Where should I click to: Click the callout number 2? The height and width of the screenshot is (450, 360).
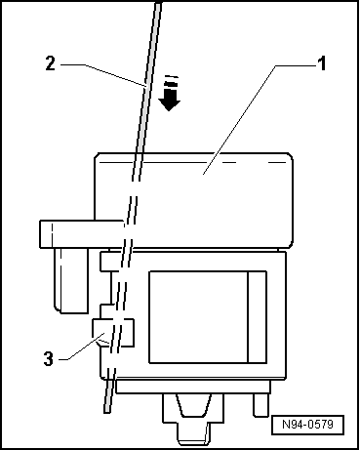(49, 65)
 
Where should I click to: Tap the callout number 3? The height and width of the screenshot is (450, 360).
(49, 357)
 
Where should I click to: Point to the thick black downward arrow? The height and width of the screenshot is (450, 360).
(171, 99)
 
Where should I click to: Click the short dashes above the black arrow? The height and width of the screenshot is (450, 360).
(172, 80)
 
